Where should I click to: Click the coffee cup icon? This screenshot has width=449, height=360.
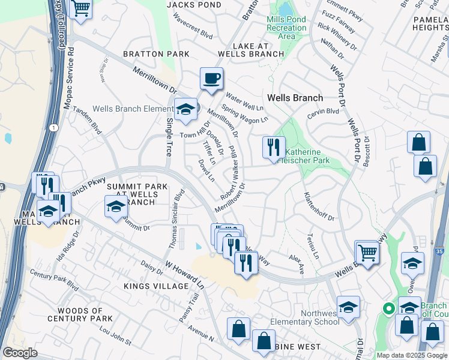(x=211, y=78)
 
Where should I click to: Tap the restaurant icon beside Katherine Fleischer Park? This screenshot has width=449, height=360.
(x=274, y=146)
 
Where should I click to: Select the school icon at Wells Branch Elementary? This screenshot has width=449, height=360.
(x=186, y=110)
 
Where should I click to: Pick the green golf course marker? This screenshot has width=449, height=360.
(x=388, y=309)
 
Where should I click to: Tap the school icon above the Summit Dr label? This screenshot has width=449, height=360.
(x=116, y=208)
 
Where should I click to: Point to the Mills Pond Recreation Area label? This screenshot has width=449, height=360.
(x=286, y=28)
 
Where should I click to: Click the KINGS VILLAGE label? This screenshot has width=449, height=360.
(x=156, y=286)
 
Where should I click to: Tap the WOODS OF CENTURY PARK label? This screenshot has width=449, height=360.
(x=85, y=314)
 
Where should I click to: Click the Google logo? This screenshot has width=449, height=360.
(x=20, y=353)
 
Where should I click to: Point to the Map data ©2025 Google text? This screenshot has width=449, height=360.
(x=412, y=355)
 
